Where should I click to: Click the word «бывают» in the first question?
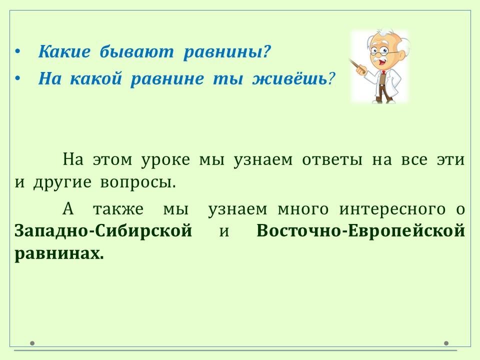pyautogui.click(x=136, y=51)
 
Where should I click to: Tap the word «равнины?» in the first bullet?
pyautogui.click(x=227, y=52)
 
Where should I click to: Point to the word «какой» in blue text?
pyautogui.click(x=96, y=78)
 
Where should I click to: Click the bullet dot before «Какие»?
pyautogui.click(x=18, y=51)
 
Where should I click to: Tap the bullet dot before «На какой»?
pyautogui.click(x=18, y=78)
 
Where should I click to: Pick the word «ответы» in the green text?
pyautogui.click(x=332, y=160)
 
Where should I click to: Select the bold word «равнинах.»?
pyautogui.click(x=59, y=254)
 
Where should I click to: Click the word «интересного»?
pyautogui.click(x=392, y=210)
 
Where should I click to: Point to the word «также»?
pyautogui.click(x=118, y=209)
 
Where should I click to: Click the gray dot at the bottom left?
pyautogui.click(x=32, y=343)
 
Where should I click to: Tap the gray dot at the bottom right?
pyautogui.click(x=446, y=343)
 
